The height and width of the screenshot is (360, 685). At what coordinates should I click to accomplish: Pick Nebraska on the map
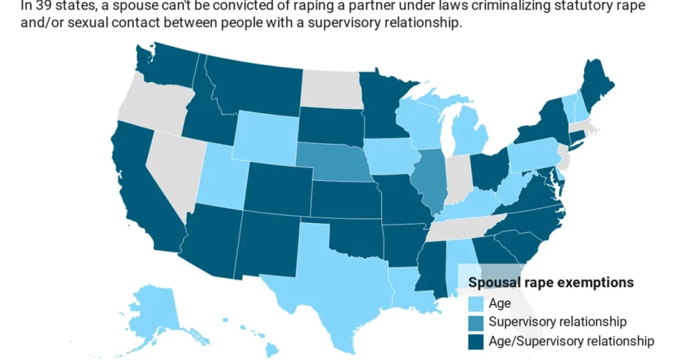[x=331, y=164]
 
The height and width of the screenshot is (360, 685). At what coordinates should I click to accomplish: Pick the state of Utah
[x=217, y=177]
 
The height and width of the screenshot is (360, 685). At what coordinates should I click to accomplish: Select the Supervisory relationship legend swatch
[x=477, y=323]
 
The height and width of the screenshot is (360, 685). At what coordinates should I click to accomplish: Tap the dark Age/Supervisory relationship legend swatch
[x=477, y=341]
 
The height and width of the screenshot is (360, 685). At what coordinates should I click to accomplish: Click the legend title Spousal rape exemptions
[x=551, y=282]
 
